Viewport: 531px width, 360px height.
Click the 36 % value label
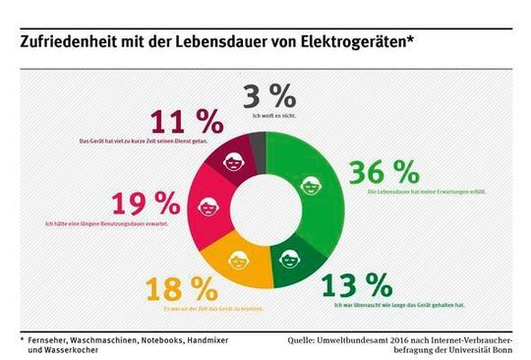[x=379, y=172]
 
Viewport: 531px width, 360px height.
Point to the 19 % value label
[x=147, y=204]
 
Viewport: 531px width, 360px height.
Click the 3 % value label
[x=268, y=96]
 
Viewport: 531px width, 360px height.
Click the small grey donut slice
[x=258, y=150]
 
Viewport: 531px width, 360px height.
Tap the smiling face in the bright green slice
[x=309, y=183]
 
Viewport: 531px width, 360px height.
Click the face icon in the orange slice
[x=239, y=262]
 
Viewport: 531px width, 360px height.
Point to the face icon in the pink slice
[x=209, y=208]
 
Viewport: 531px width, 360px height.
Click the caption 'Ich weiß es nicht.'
[x=268, y=116]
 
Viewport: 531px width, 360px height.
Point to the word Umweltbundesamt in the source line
[x=355, y=337]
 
